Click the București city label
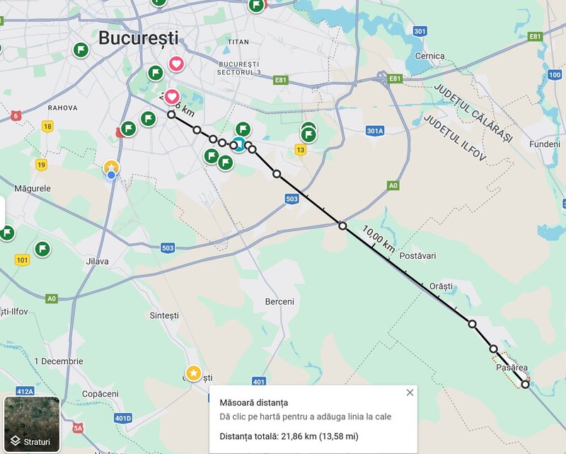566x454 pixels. coord(139,38)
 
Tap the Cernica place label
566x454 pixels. coord(430,56)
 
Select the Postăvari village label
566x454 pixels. coord(419,255)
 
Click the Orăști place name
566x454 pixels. coord(440,286)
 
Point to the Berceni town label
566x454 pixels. coord(279,301)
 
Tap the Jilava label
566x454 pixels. coord(97,261)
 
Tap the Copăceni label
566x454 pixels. coord(100,393)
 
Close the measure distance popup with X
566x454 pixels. coord(410,393)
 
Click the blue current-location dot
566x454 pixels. coord(111,175)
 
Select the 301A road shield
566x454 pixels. coord(375,131)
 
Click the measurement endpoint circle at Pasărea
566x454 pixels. coord(525,384)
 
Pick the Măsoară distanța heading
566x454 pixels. coord(253,402)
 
